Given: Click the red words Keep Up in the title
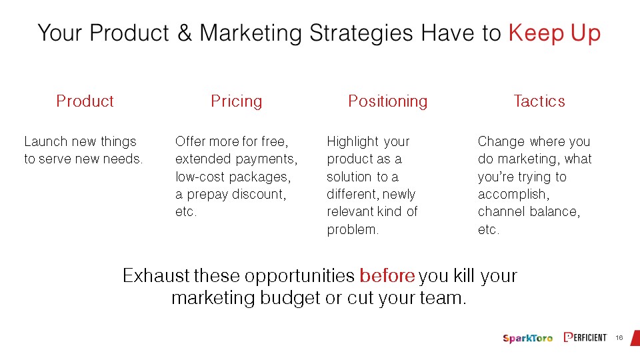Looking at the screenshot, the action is [554, 33].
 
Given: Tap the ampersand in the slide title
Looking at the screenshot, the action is [185, 33].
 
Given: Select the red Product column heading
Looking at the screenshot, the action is [85, 101].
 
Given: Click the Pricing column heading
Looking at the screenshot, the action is [236, 101].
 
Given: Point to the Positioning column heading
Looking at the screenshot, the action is [388, 101].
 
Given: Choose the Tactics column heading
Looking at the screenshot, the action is [539, 101].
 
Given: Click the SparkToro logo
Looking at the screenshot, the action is [528, 338].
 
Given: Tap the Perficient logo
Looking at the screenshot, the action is [585, 337].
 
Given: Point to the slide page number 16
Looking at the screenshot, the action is [619, 337].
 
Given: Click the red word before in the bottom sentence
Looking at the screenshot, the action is [387, 276].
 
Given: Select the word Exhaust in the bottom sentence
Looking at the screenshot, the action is [156, 276].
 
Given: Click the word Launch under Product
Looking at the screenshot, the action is [46, 141].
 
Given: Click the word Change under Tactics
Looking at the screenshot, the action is [501, 142].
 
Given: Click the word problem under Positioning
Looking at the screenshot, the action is [353, 230].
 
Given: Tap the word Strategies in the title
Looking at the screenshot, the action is [361, 33].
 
